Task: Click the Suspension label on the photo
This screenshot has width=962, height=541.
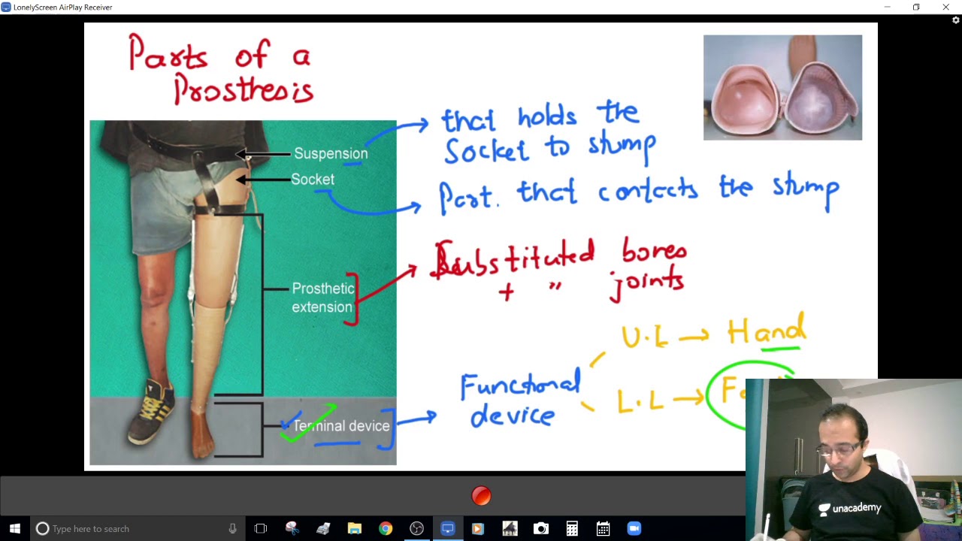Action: click(x=331, y=154)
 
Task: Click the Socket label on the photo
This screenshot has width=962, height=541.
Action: click(x=313, y=180)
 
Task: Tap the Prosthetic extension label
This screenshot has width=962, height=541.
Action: click(x=322, y=298)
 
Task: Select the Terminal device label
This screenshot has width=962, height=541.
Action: click(x=341, y=426)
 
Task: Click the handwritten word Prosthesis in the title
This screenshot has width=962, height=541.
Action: click(x=243, y=90)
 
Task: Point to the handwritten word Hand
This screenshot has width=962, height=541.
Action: click(x=766, y=332)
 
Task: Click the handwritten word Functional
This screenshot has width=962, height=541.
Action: click(x=520, y=386)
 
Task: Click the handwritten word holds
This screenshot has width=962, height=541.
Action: click(x=547, y=117)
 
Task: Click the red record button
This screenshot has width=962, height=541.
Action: click(x=481, y=496)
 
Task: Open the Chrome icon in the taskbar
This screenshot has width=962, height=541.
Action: click(x=386, y=529)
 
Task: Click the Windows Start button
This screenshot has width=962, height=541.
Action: click(x=14, y=529)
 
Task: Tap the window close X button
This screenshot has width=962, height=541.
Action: click(x=945, y=8)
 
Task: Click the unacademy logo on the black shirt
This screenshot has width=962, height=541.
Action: click(x=850, y=509)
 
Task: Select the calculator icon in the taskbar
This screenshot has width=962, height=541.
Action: click(x=572, y=529)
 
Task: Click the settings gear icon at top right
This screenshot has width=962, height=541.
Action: click(x=956, y=20)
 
